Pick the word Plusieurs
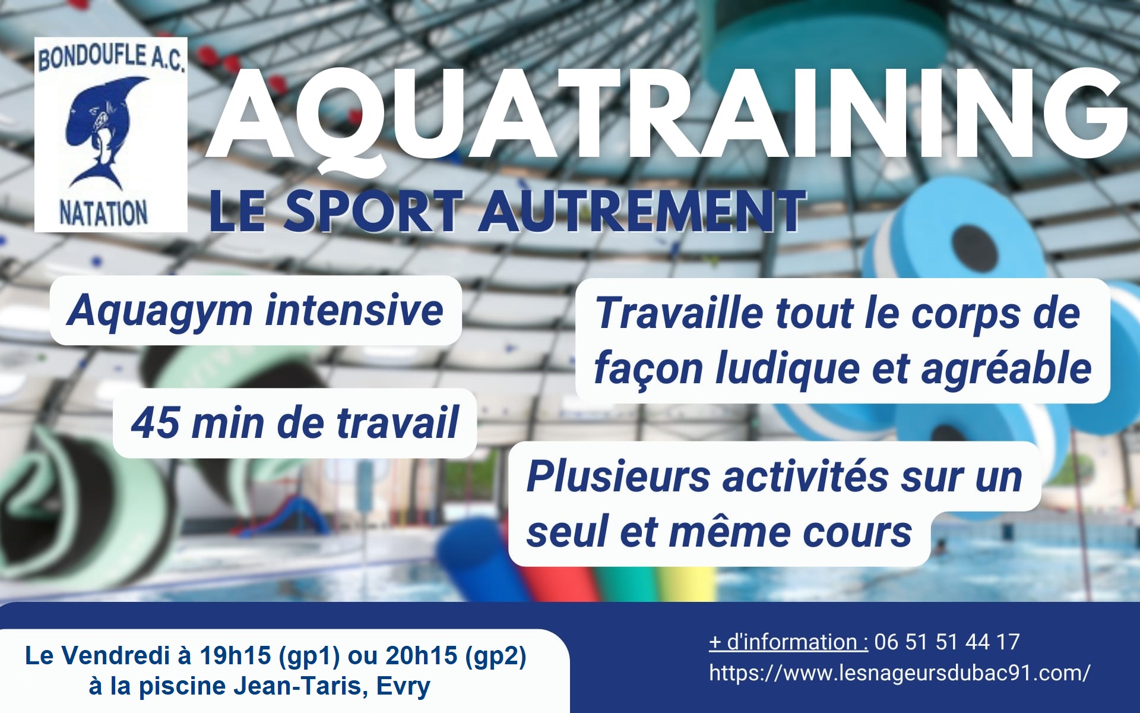pos(618,477)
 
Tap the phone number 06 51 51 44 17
pos(947,642)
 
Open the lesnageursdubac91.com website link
pos(900,673)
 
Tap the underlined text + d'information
pos(788,642)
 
